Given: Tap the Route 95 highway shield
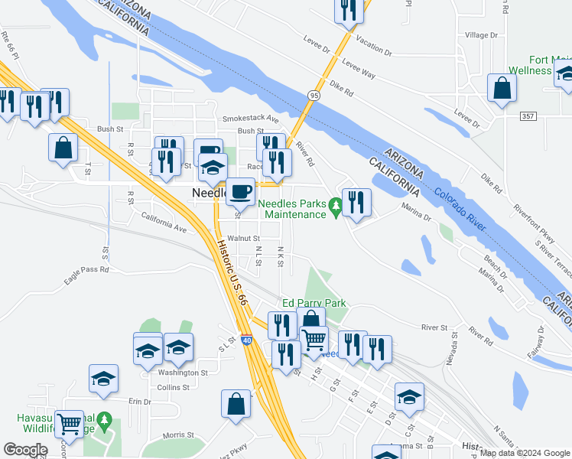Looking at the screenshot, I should pos(314,94).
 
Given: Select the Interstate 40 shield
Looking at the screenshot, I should pos(246,340).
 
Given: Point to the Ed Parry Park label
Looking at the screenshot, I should pos(314,303).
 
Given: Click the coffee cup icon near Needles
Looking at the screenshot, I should pos(241,191).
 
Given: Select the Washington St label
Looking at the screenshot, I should pos(183,373).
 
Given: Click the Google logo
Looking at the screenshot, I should pos(25,450).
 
